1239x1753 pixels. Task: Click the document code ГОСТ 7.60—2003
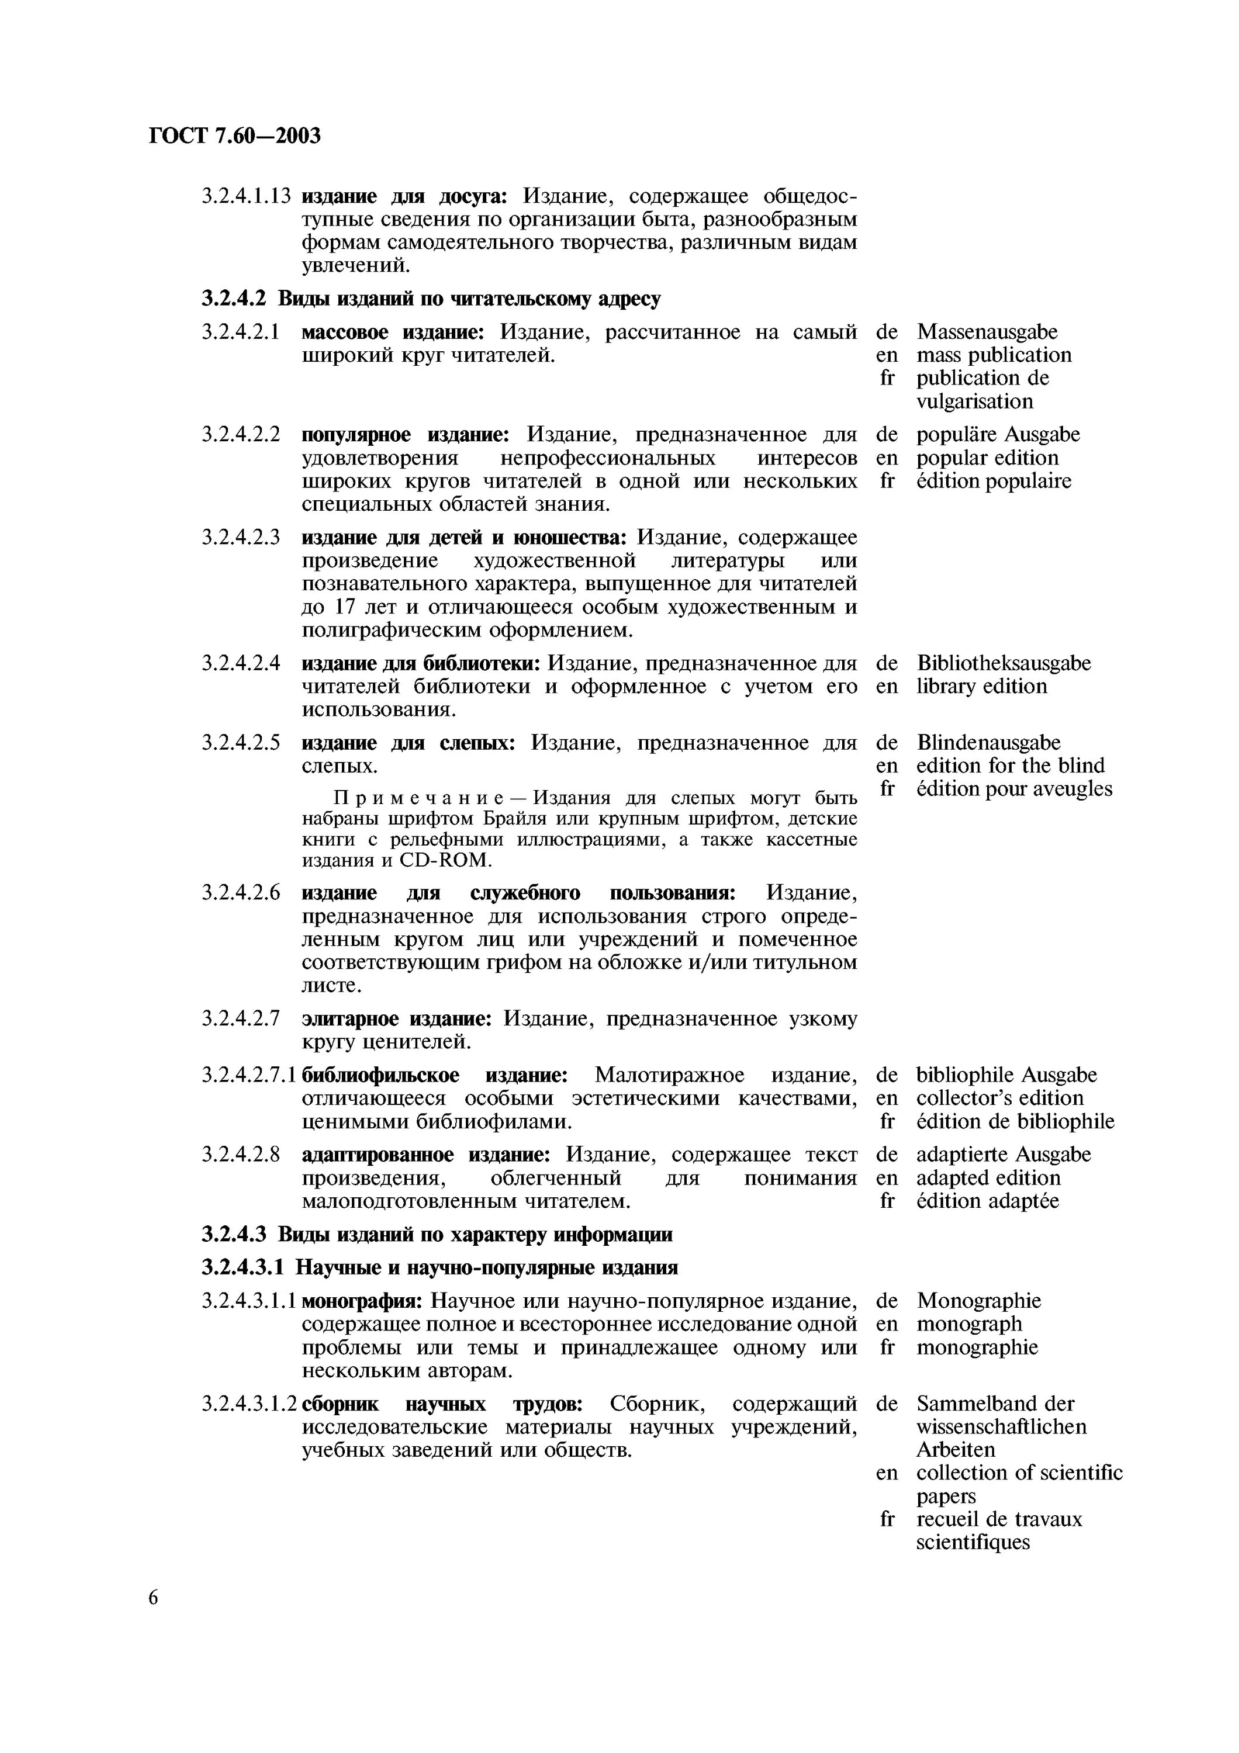click(x=234, y=136)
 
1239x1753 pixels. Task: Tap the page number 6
click(x=154, y=1597)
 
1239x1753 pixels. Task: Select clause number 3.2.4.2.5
click(x=240, y=743)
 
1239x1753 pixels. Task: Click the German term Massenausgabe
click(x=987, y=332)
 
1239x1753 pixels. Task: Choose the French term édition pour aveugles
click(x=1014, y=789)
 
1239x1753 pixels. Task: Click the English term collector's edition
click(x=999, y=1099)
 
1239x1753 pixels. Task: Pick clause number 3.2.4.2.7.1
click(x=250, y=1076)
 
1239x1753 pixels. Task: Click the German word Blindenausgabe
click(x=988, y=743)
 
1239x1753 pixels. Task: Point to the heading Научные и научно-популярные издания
click(x=486, y=1268)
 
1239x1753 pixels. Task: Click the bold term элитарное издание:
click(x=397, y=1019)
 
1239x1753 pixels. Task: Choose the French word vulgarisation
click(x=974, y=401)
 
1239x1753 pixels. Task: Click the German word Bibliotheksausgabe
click(x=1003, y=663)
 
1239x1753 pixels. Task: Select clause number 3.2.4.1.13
click(x=246, y=197)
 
